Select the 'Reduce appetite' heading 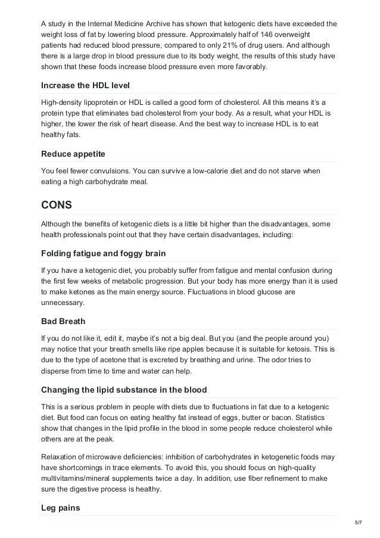pyautogui.click(x=73, y=154)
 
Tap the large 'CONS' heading pyautogui.click(x=57, y=205)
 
